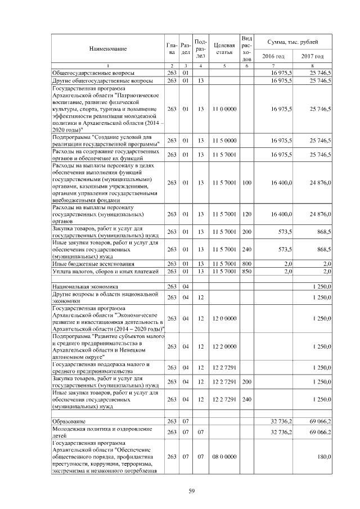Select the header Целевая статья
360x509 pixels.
tap(224, 49)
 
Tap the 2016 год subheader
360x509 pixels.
tap(273, 56)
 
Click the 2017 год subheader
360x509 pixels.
tap(312, 56)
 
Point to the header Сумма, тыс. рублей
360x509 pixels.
tap(292, 42)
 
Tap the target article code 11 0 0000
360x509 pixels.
tap(224, 109)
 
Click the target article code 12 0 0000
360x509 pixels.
tap(224, 318)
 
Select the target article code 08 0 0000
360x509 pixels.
tap(224, 457)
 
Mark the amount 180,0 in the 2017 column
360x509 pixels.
tap(323, 457)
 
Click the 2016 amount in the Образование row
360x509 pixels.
tap(281, 421)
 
